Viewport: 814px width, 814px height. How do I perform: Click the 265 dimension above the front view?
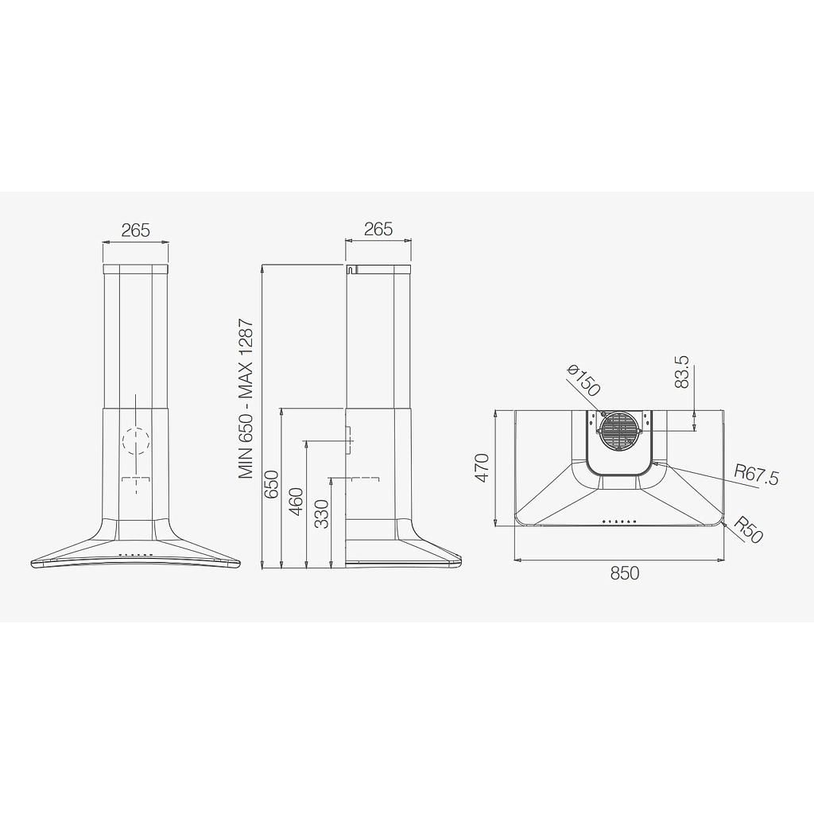pos(135,230)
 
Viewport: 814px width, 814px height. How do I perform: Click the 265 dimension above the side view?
pos(378,229)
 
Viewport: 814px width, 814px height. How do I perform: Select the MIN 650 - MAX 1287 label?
pos(246,399)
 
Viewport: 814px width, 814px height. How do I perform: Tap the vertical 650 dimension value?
pos(272,484)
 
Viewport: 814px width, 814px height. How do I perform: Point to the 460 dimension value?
pos(297,502)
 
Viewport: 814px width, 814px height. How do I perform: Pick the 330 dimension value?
pos(322,514)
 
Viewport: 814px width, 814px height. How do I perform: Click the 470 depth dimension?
pos(483,467)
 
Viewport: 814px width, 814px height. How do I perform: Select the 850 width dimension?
pos(625,573)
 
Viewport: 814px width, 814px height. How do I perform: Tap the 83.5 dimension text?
pos(681,372)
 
